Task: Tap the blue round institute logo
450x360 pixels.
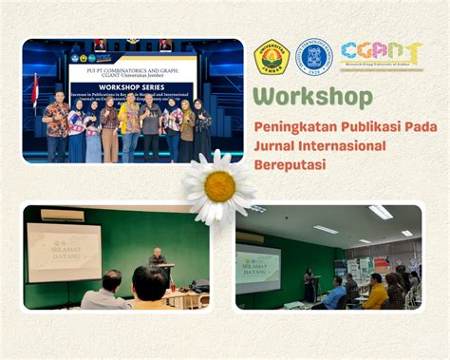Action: point(314,57)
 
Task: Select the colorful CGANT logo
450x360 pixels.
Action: point(368,56)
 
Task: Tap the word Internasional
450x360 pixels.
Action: point(341,145)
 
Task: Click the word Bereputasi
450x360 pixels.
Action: point(289,163)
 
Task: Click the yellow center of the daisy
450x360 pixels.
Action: point(219,185)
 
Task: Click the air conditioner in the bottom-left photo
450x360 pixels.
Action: point(61,216)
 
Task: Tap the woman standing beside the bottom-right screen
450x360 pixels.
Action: point(309,282)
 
